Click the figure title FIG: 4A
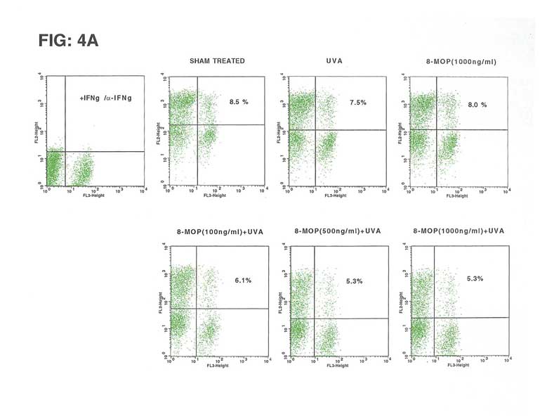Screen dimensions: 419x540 pos(68,40)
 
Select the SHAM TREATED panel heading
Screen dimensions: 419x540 pos(217,61)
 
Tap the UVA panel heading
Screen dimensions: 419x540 pos(334,61)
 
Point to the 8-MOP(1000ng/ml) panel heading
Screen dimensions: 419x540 pos(461,62)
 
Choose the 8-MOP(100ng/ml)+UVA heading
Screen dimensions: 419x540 pos(215,231)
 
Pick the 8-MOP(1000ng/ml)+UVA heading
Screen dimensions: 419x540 pos(459,231)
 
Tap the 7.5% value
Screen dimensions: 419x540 pos(358,103)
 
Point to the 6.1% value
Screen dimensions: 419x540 pos(243,280)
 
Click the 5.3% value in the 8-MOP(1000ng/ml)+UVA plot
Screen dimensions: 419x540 pos(475,279)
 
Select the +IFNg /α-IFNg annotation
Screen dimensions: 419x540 pos(105,98)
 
